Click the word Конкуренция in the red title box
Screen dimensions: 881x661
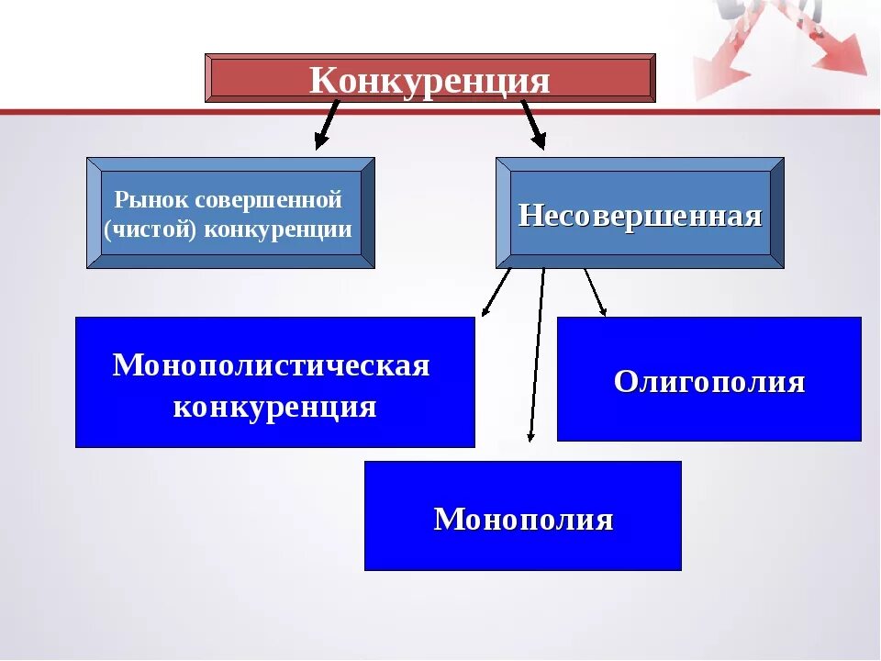click(x=429, y=80)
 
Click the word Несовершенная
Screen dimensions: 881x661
click(x=640, y=216)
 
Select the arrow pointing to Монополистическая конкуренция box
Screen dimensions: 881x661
click(x=496, y=292)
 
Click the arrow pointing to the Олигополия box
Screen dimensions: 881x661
click(x=595, y=292)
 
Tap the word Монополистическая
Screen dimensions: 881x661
click(x=272, y=365)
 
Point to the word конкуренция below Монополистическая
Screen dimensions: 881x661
click(x=274, y=407)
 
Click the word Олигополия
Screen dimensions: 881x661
click(x=708, y=382)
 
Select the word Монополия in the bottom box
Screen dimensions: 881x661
click(x=523, y=520)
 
